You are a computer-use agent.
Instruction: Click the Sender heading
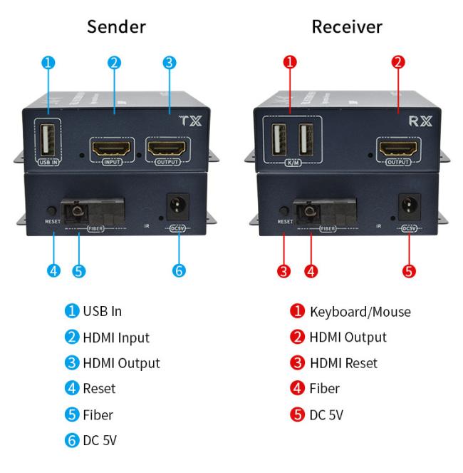(116, 27)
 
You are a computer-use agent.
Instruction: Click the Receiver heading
(347, 27)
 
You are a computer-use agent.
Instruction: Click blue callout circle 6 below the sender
(179, 270)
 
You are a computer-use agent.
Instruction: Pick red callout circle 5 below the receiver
(410, 270)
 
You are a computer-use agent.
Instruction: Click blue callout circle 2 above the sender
(113, 62)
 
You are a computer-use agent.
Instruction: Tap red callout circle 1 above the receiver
(290, 62)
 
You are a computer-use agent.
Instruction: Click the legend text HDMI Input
(116, 337)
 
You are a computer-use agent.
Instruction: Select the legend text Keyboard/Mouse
(360, 312)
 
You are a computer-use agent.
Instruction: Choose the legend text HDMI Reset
(343, 363)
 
